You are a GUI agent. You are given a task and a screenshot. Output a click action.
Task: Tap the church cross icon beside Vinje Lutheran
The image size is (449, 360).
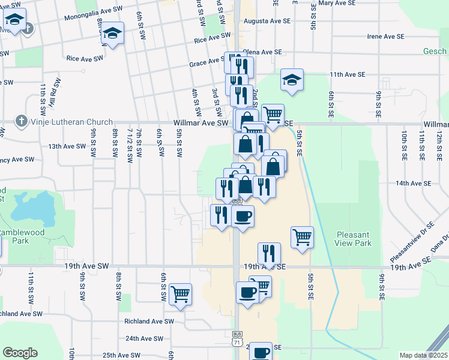point(22,121)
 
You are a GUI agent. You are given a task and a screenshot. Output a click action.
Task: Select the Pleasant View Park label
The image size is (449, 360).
point(354,239)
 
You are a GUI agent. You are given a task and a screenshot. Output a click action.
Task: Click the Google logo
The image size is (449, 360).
point(20,352)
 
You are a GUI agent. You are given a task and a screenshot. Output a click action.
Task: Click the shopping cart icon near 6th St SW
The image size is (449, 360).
point(180,295)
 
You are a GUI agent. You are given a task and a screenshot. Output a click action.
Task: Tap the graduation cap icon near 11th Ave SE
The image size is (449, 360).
point(292,80)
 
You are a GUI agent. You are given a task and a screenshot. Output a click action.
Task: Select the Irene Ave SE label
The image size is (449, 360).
point(385,37)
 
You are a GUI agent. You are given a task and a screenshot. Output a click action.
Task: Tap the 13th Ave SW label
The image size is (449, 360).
point(68,146)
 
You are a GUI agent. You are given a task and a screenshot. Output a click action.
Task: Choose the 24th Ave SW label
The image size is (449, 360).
point(145,338)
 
